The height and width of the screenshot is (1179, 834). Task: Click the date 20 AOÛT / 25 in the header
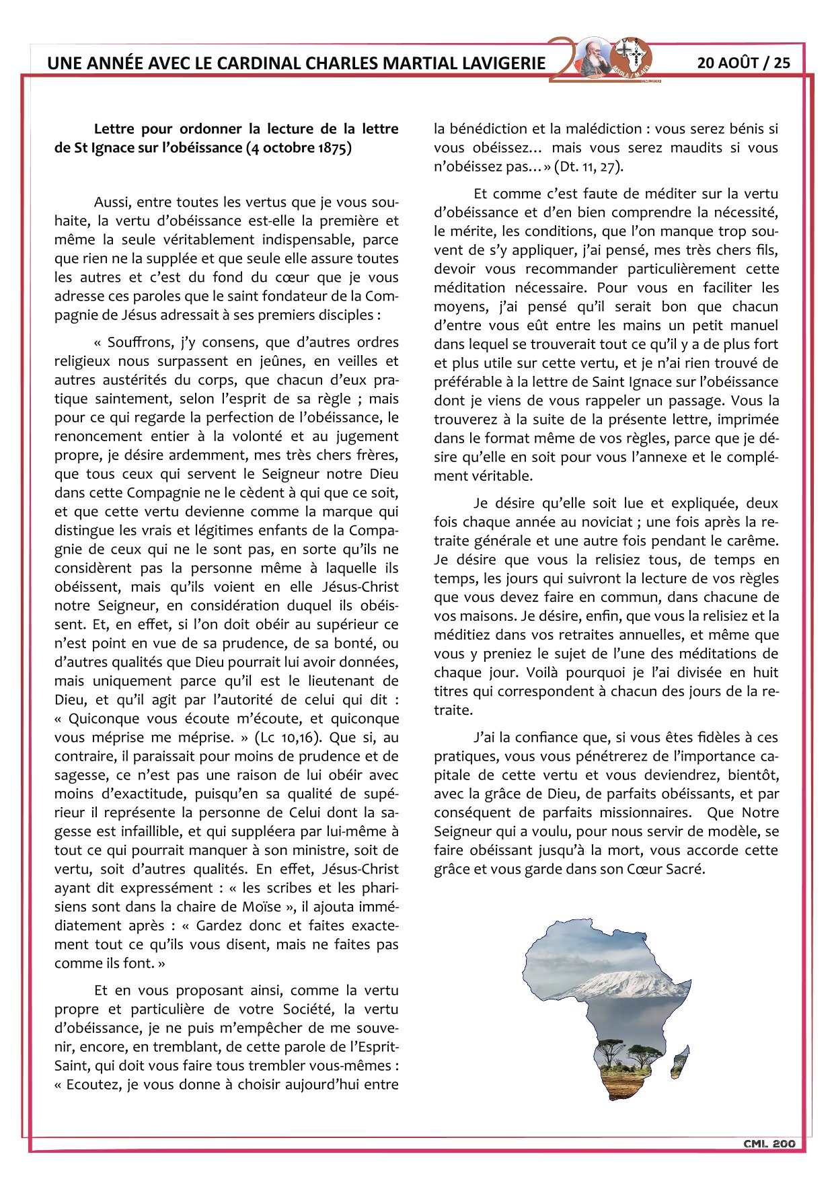(x=743, y=63)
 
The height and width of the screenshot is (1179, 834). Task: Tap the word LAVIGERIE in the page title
(x=503, y=64)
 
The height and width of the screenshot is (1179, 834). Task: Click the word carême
(x=755, y=541)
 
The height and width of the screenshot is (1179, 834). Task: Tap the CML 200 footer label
(x=769, y=1144)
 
